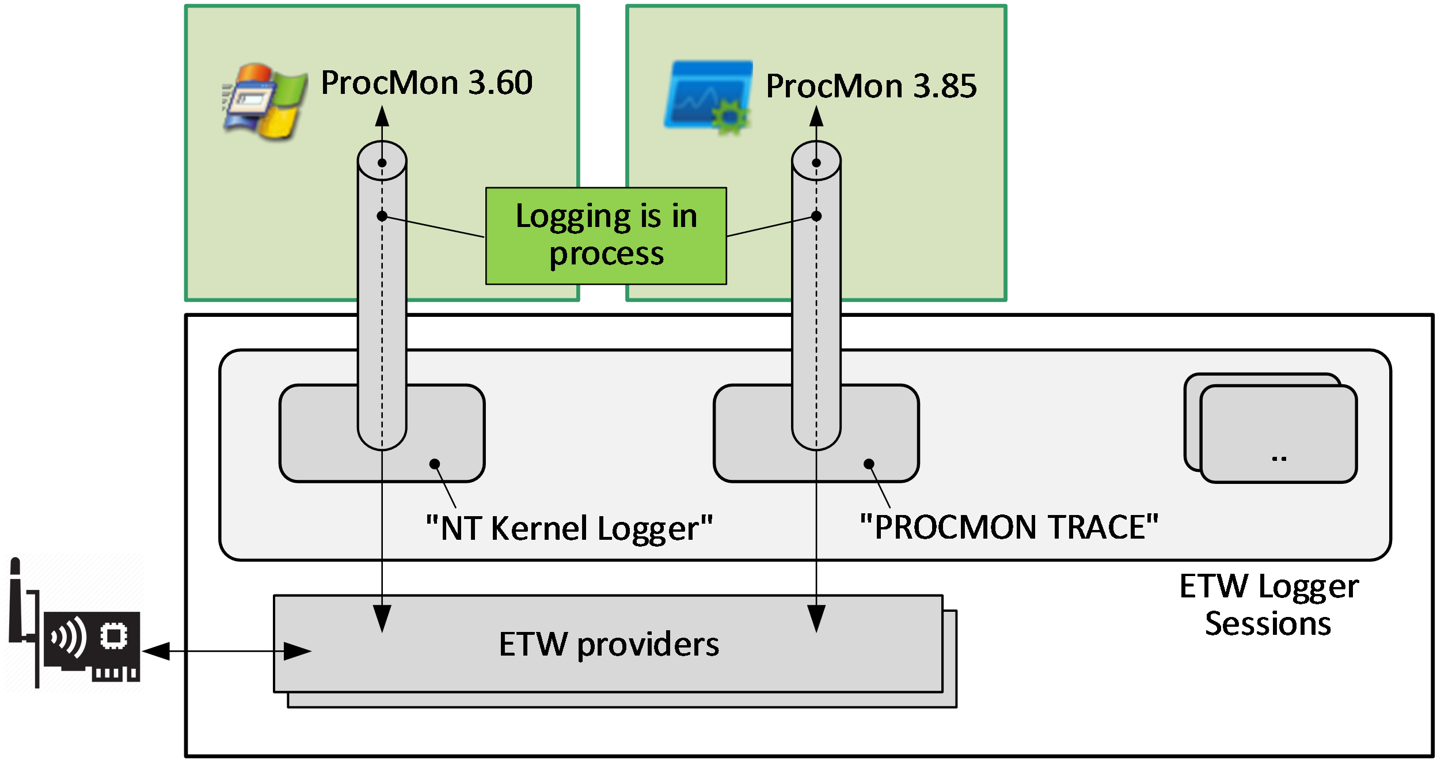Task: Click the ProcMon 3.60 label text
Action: tap(426, 83)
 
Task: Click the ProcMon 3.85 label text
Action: tap(870, 86)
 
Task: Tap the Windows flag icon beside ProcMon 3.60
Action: tap(265, 101)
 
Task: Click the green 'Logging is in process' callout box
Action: tap(606, 236)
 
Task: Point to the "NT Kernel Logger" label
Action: tap(569, 528)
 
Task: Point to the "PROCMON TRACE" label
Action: tap(1009, 527)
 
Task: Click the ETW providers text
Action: tap(609, 644)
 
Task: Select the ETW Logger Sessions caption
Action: tap(1268, 605)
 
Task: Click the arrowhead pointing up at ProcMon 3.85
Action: tap(816, 117)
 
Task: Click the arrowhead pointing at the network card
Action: tap(155, 652)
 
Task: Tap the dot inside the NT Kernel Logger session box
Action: tap(435, 464)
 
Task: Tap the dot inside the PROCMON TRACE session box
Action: tap(869, 464)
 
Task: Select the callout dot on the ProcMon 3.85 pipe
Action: tap(816, 216)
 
